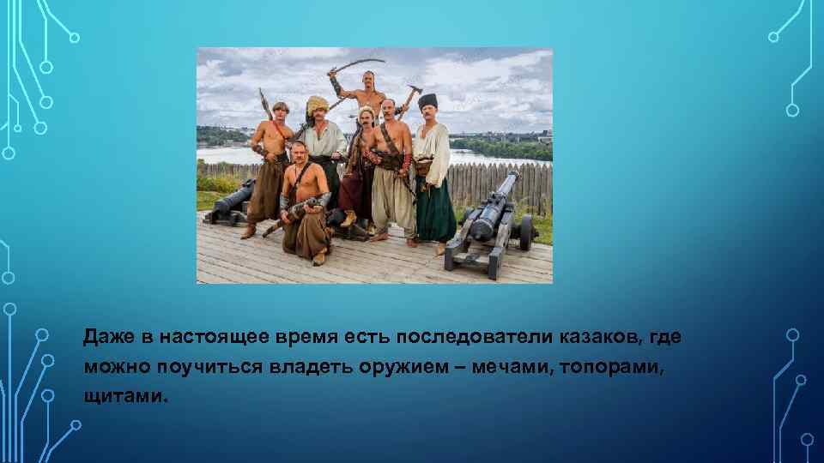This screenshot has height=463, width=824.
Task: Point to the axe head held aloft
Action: (x=414, y=89)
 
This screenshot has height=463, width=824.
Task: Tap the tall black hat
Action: (x=427, y=102)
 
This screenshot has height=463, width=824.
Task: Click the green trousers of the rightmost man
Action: (x=435, y=210)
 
